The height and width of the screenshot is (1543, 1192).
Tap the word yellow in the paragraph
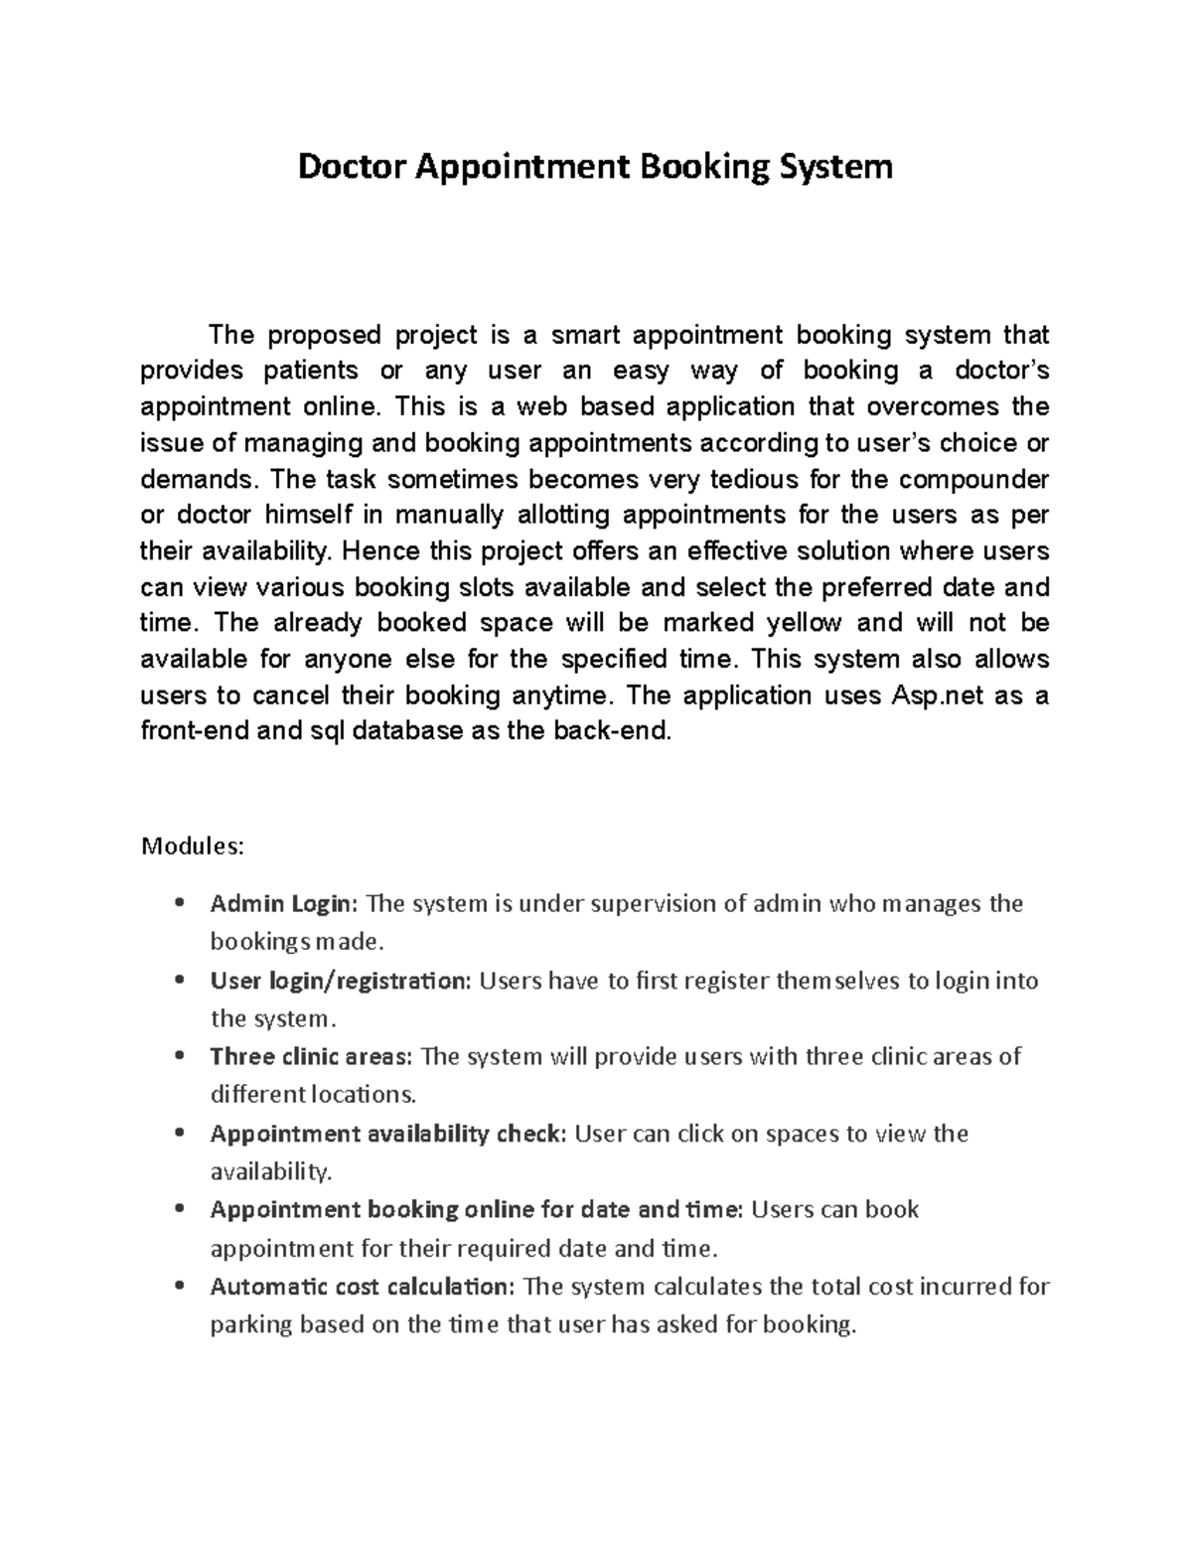804,623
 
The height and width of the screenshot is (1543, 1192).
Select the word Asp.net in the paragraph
932,695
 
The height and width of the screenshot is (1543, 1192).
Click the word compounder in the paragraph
973,479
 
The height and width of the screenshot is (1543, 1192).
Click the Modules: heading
192,847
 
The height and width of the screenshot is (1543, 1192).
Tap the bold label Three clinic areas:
311,1056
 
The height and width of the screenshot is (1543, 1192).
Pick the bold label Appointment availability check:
388,1134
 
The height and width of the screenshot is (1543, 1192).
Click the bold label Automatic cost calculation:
363,1287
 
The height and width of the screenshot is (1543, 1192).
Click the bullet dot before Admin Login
179,904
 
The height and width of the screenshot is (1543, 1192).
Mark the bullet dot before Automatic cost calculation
179,1287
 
